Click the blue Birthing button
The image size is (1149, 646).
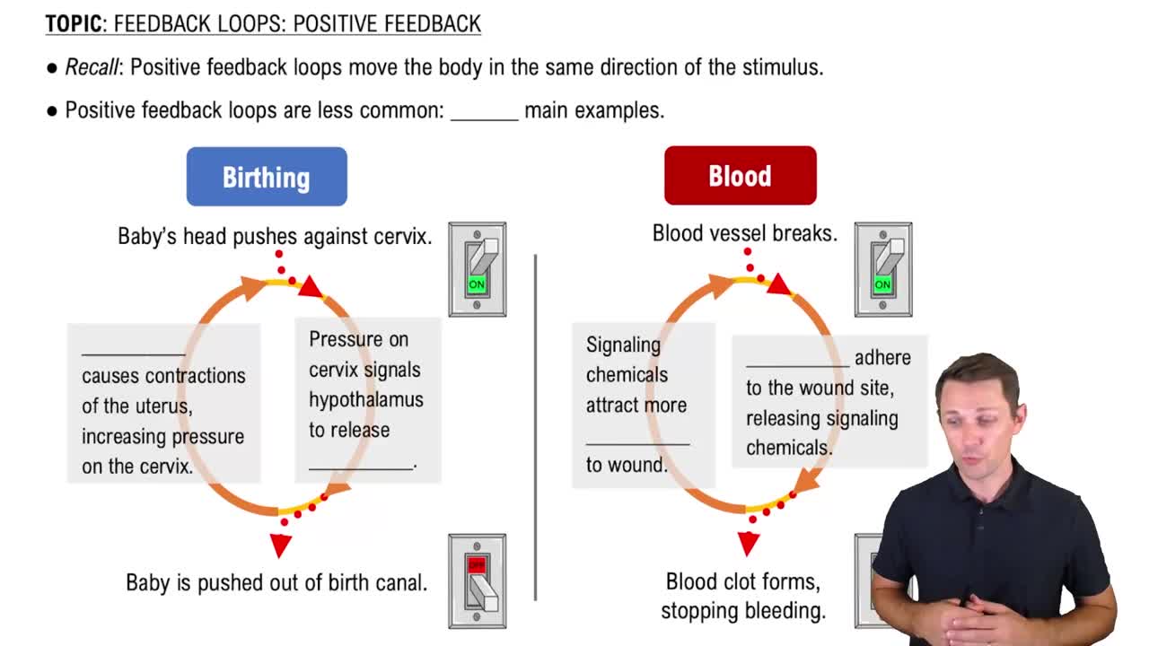coord(267,177)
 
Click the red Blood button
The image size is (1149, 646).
coord(740,176)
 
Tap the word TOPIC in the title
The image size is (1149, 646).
coord(74,24)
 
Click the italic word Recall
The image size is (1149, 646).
coord(92,67)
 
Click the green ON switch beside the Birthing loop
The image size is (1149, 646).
coord(477,268)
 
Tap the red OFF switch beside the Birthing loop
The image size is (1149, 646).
coord(477,580)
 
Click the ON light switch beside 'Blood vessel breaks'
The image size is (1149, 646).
coord(882,268)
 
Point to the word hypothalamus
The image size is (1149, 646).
coord(365,399)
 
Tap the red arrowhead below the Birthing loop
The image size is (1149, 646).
coord(281,545)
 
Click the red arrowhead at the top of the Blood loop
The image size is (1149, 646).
coord(778,285)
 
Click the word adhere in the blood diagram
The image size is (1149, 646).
coord(882,357)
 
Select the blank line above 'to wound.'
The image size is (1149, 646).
coord(637,441)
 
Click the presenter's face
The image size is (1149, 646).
coord(978,413)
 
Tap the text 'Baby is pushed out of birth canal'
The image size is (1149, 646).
coord(276,582)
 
